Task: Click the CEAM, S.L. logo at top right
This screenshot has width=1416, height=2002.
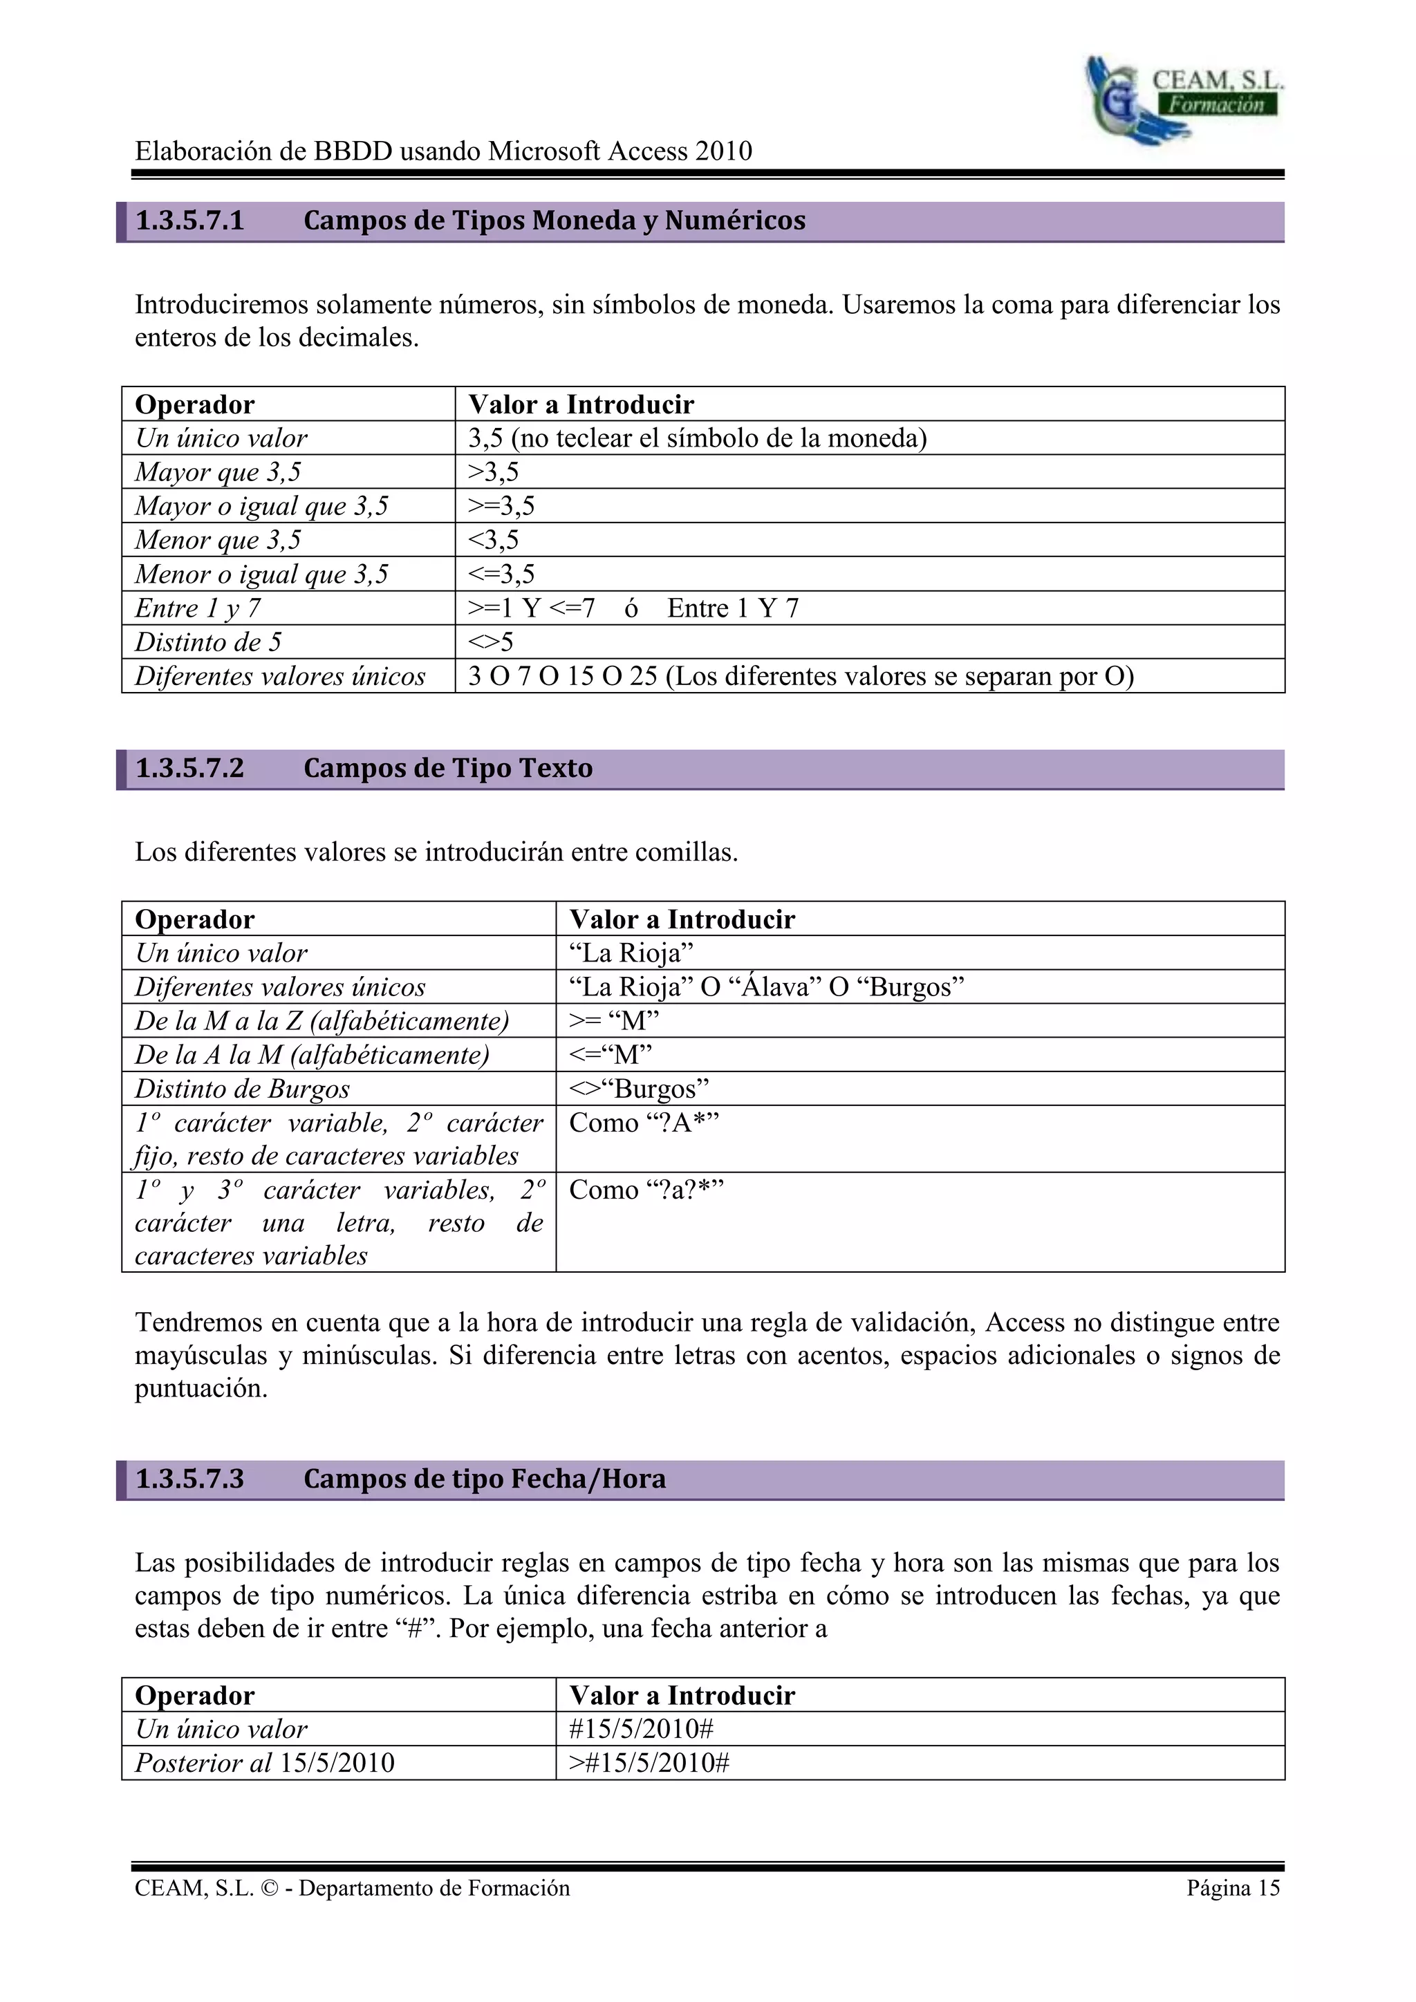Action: point(1183,99)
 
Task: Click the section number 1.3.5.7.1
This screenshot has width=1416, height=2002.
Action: point(190,221)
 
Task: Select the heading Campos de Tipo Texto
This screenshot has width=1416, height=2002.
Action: point(447,768)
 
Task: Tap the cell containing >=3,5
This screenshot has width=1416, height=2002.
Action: point(501,506)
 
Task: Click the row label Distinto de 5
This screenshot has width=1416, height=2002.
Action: point(208,642)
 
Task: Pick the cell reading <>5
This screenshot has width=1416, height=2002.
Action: point(491,642)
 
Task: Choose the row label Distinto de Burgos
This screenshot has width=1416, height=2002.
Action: point(243,1089)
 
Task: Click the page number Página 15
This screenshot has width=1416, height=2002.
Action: point(1232,1888)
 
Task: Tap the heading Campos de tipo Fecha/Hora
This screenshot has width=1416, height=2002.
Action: point(484,1479)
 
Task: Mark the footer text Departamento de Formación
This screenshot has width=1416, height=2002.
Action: point(434,1888)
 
